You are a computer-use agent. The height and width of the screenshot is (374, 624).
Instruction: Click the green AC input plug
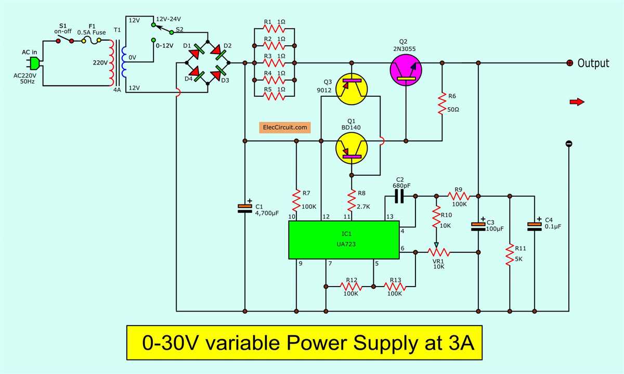(33, 63)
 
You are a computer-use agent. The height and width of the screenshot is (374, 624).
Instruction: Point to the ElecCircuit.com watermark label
(285, 126)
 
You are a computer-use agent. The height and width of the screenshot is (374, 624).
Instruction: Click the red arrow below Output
(577, 102)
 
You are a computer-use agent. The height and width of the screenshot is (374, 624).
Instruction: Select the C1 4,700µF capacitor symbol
(244, 208)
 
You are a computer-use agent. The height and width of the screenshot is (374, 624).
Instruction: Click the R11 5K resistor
(510, 254)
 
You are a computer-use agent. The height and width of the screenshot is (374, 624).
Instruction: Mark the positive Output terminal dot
(569, 63)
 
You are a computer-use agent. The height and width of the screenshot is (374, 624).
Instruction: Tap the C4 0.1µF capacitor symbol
(535, 225)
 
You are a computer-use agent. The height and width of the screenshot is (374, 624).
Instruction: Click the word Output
(593, 63)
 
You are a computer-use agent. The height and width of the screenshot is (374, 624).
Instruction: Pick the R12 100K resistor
(352, 286)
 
